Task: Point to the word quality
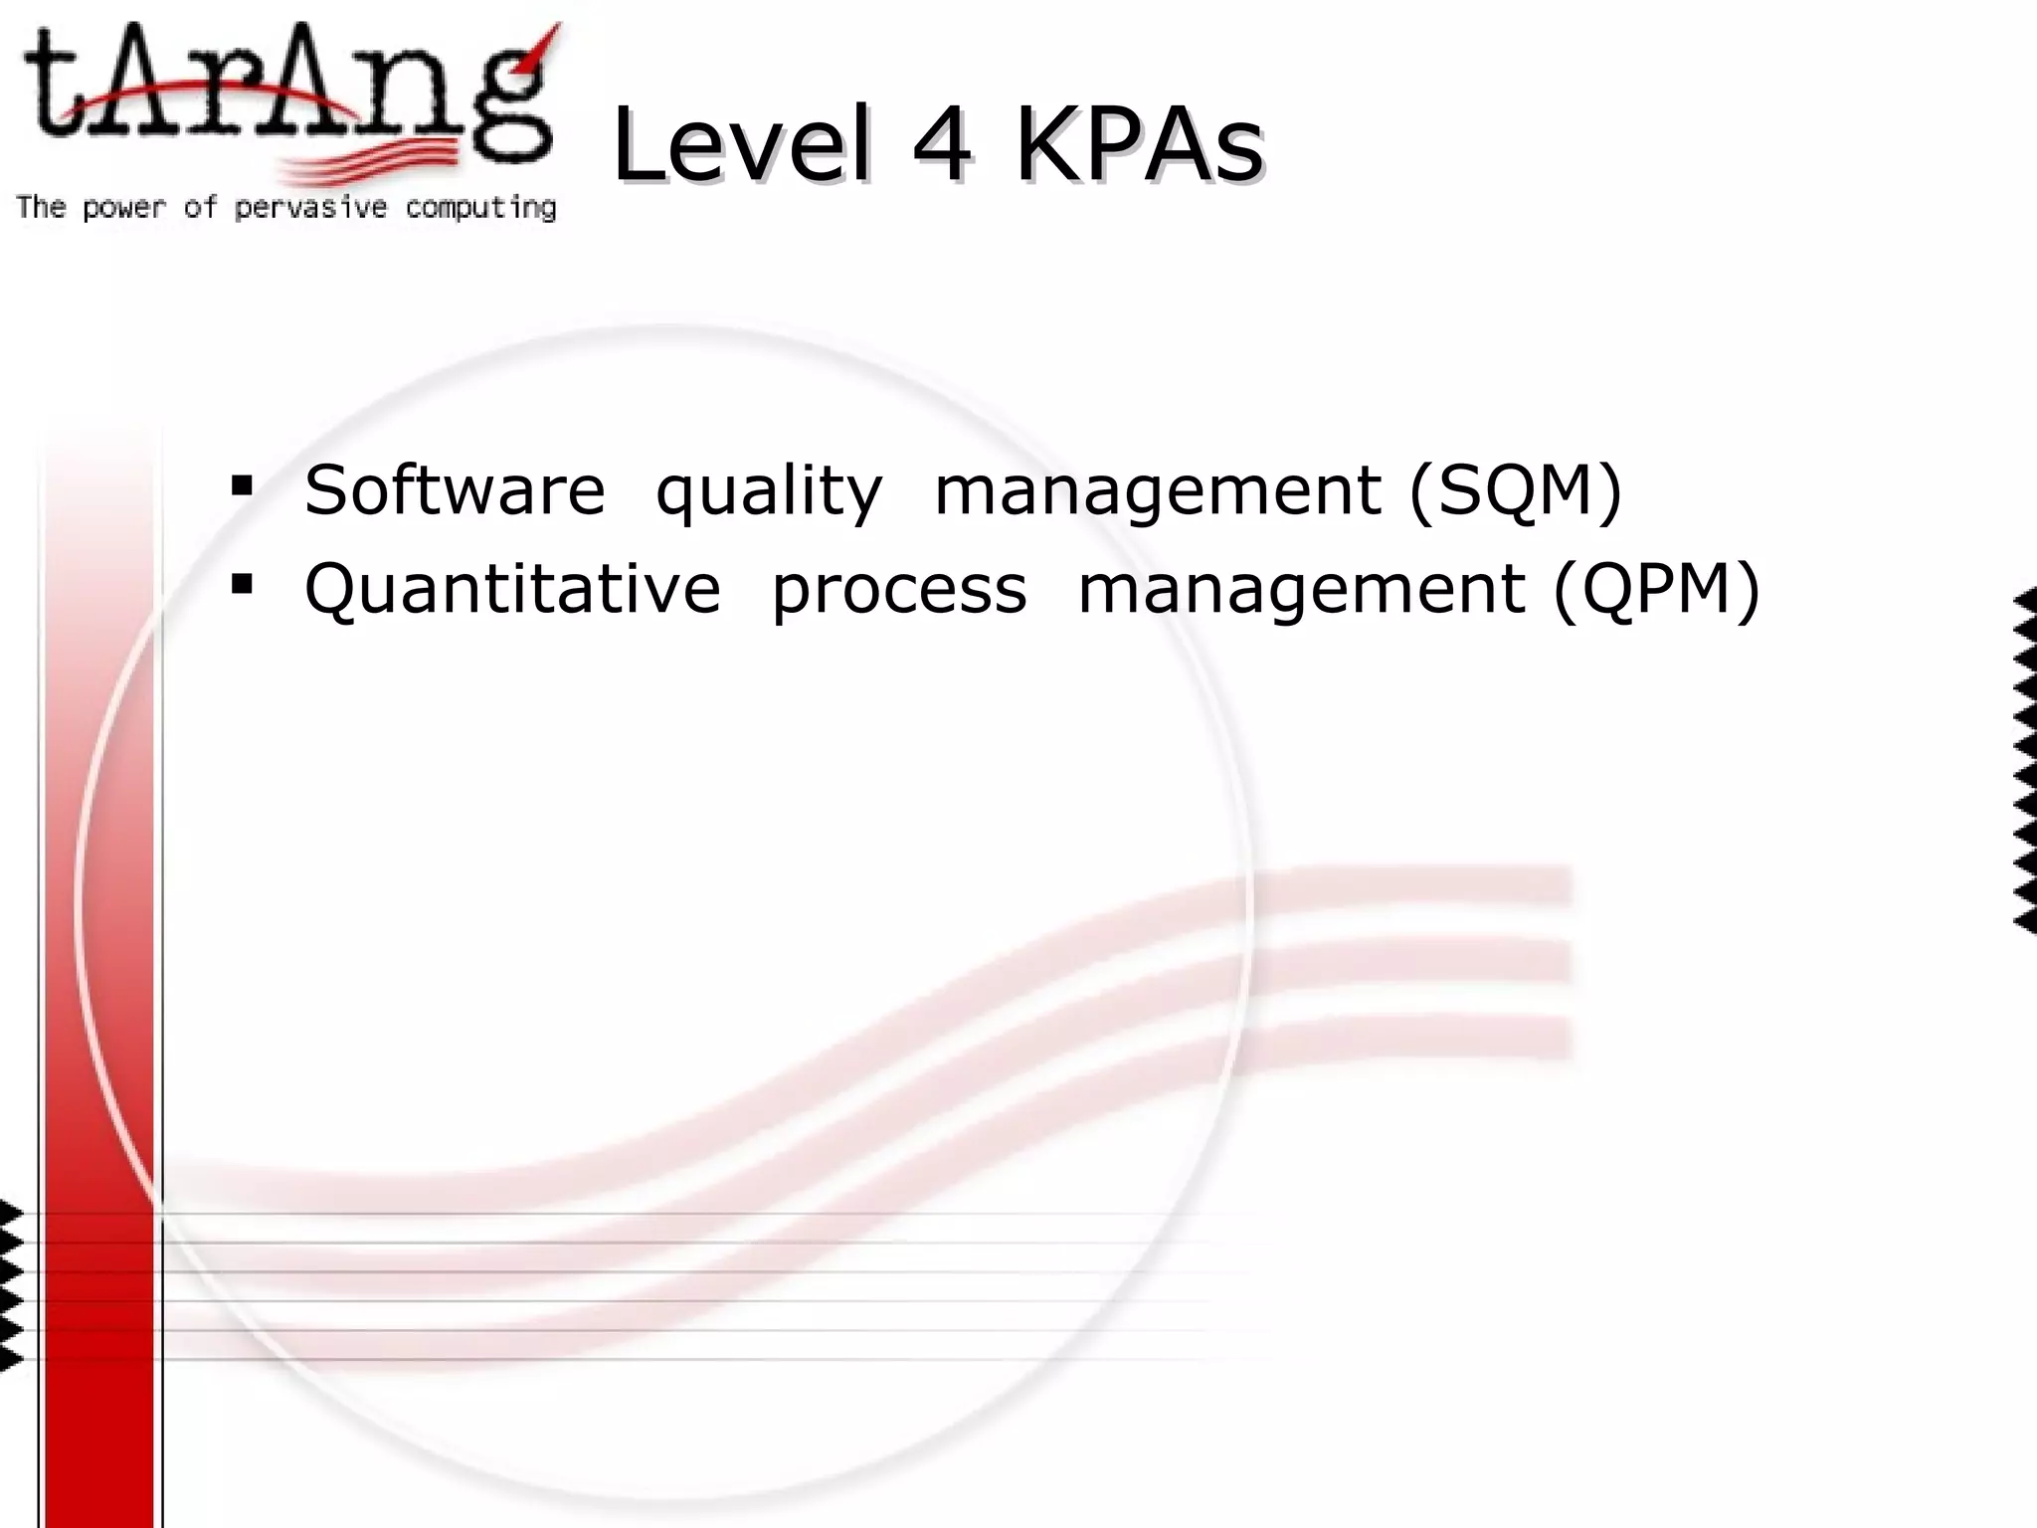pos(769,492)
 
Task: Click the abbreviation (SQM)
pos(1515,490)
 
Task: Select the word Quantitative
pos(512,588)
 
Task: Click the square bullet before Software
pos(242,486)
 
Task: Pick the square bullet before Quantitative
pos(242,584)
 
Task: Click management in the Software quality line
pos(1158,492)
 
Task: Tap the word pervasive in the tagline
pos(310,208)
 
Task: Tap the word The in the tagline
pos(41,207)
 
